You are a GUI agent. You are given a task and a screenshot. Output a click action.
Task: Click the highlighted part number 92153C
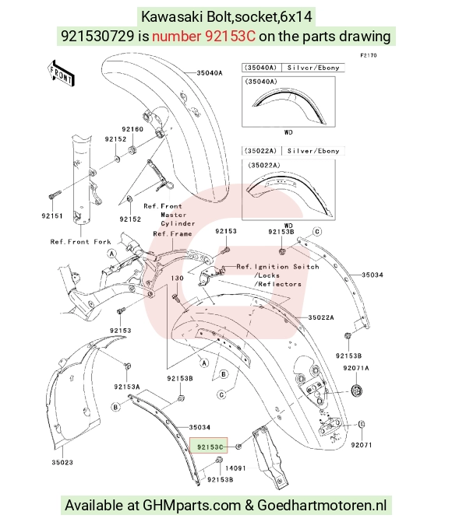pos(210,447)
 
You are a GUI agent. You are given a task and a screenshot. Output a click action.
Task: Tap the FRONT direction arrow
pos(61,74)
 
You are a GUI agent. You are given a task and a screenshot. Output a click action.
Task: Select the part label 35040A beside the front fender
pos(209,72)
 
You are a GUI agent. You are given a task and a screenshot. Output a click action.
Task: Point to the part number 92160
pos(132,129)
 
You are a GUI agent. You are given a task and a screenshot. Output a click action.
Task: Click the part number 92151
pos(52,215)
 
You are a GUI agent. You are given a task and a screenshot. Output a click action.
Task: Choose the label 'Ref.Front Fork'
pos(80,242)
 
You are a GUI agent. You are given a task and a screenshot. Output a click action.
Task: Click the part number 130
pos(177,278)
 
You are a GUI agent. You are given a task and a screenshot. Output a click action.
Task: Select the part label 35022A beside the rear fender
pos(321,317)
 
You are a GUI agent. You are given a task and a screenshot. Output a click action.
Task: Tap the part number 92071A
pos(356,368)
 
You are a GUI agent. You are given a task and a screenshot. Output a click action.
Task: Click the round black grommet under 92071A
pos(357,391)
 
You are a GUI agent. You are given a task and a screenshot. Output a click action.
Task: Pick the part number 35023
pos(62,462)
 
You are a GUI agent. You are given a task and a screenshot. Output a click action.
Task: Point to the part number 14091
pos(235,468)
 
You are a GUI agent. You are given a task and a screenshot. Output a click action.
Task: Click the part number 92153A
pos(127,387)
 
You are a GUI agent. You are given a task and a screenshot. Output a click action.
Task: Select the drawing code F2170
pos(369,55)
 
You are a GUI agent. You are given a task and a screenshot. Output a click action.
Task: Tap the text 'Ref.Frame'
pos(172,233)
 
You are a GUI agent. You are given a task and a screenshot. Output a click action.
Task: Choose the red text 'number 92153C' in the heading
pos(204,36)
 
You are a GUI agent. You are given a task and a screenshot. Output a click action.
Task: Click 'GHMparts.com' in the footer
pos(192,505)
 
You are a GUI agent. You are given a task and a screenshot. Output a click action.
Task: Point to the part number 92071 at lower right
pos(362,445)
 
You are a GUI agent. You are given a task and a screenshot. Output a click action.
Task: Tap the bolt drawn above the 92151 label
pos(55,194)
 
